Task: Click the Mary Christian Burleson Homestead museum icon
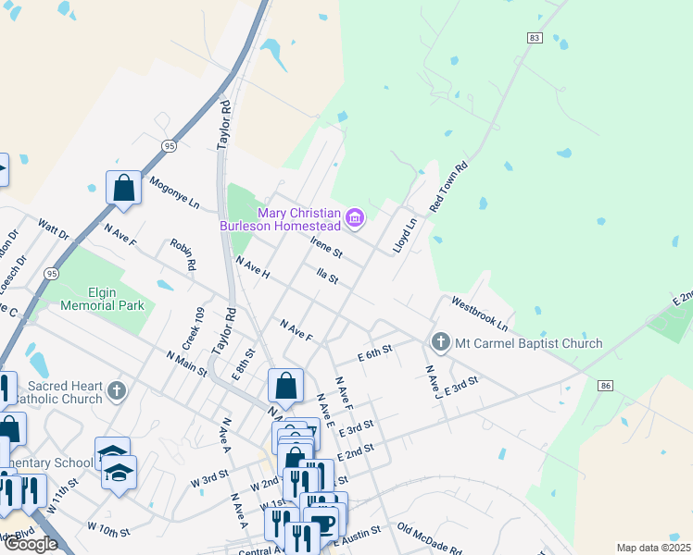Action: (354, 218)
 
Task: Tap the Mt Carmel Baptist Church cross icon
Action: (440, 343)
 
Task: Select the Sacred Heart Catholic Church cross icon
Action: (116, 390)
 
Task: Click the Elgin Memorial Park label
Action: (102, 299)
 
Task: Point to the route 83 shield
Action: (534, 37)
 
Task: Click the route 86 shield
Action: (606, 385)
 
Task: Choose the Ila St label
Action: (327, 277)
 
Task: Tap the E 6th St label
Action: (375, 353)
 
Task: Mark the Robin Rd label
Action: (183, 254)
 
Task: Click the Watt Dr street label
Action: (54, 229)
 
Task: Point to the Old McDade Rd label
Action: (429, 538)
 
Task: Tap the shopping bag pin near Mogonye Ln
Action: (123, 188)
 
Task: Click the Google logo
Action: (31, 544)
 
